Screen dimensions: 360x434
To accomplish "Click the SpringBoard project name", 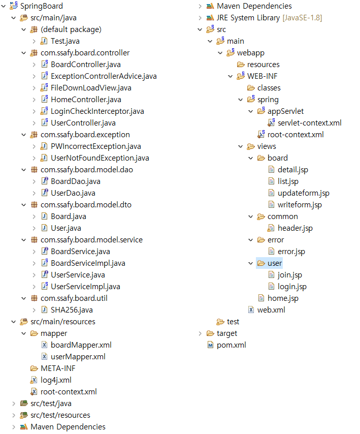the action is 41,6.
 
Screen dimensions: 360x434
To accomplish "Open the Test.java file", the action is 65,41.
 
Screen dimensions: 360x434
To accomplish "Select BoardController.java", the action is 85,65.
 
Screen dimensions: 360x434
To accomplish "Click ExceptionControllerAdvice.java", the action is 104,76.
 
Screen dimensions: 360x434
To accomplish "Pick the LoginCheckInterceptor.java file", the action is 97,111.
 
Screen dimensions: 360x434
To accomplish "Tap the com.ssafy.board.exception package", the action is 85,135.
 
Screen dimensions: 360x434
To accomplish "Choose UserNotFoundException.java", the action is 100,158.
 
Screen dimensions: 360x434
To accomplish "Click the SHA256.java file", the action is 72,310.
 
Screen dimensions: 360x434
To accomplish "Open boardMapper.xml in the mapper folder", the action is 81,345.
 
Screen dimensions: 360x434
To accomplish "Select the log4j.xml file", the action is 56,380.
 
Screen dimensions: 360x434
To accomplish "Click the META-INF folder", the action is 58,368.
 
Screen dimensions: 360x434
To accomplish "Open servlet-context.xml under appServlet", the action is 309,123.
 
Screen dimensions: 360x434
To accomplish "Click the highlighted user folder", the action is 275,263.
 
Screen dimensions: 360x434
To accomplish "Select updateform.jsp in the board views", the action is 303,193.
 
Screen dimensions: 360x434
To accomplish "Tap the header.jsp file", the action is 295,228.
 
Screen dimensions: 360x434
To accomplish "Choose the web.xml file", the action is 272,310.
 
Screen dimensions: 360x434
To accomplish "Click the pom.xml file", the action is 231,345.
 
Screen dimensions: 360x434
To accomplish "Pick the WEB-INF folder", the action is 262,76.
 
